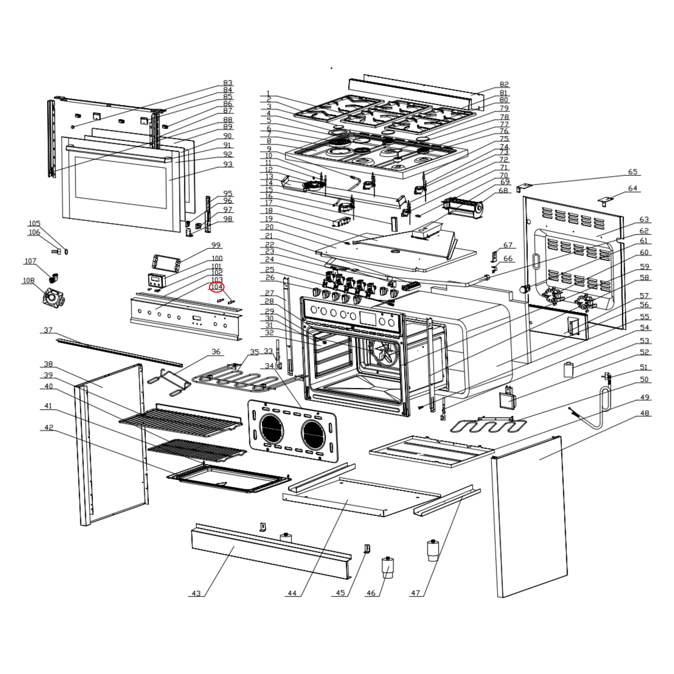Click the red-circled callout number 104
[217, 287]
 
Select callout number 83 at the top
[228, 83]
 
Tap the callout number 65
[632, 172]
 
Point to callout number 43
[196, 593]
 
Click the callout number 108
[29, 281]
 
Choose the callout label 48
[644, 413]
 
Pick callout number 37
[48, 330]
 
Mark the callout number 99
[216, 245]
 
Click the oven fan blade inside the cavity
[384, 352]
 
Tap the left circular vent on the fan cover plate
[272, 428]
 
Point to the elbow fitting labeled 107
[53, 278]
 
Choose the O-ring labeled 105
[66, 251]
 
